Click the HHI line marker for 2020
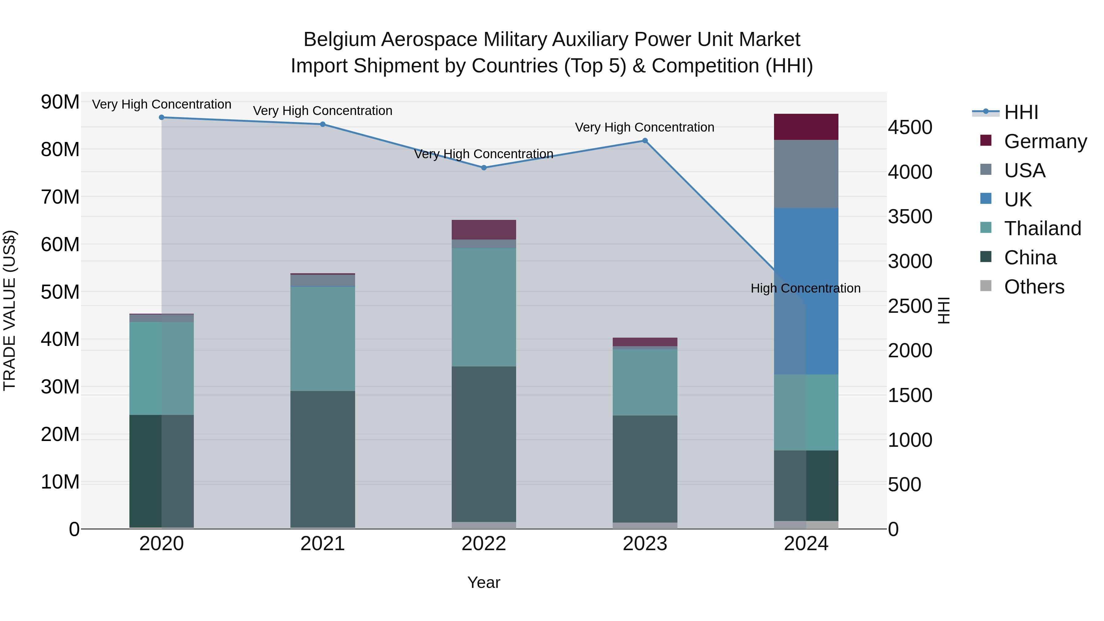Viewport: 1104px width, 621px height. click(162, 117)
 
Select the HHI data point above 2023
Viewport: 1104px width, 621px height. click(645, 140)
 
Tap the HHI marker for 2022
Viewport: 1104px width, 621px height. click(484, 167)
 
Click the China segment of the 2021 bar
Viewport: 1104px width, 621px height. click(323, 458)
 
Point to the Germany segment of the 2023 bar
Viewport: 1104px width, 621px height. click(645, 342)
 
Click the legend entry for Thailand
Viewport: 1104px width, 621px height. click(1042, 228)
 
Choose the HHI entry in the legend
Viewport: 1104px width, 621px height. click(1021, 112)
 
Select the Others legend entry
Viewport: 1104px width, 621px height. click(1034, 287)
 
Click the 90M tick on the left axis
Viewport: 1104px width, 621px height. click(60, 102)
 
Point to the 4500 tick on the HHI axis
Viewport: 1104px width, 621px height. click(910, 127)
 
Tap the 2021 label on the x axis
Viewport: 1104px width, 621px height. click(323, 544)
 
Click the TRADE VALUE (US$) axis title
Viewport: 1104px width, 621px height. click(10, 310)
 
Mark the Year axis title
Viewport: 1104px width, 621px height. click(484, 582)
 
